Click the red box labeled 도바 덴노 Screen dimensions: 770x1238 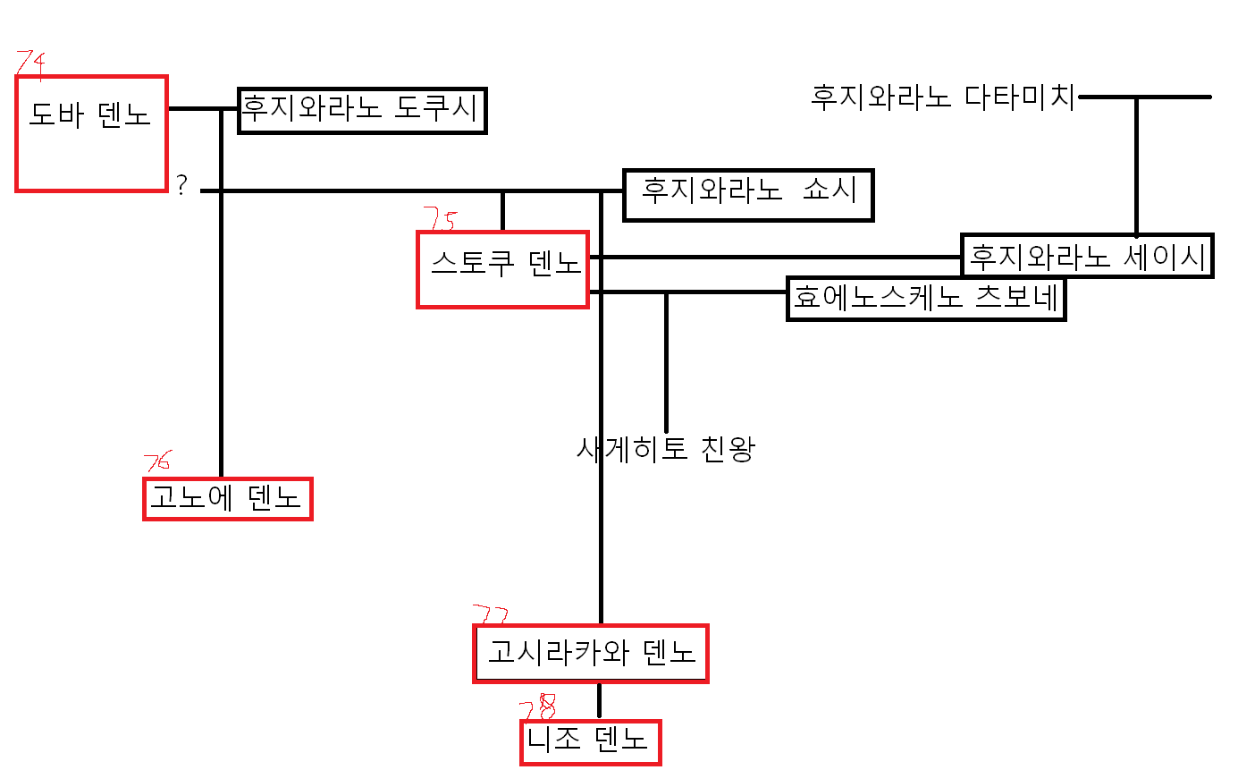click(91, 133)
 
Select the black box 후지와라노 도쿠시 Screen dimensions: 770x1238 click(362, 111)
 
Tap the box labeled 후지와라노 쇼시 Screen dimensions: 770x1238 click(748, 194)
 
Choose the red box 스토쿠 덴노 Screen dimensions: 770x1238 click(502, 269)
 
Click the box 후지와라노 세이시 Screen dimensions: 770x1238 click(1087, 256)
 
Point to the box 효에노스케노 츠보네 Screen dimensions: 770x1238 click(926, 299)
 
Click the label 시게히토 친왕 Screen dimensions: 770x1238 click(667, 448)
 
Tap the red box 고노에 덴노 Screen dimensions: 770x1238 click(227, 498)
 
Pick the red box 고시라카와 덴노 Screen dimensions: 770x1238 click(591, 653)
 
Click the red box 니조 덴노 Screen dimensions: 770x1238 click(591, 742)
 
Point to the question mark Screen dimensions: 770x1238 click(182, 186)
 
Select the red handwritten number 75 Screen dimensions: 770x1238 click(439, 219)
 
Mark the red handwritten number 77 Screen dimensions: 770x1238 click(490, 614)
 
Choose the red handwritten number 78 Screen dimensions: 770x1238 click(537, 708)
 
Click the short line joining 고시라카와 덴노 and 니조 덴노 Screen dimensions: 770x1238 click(599, 701)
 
